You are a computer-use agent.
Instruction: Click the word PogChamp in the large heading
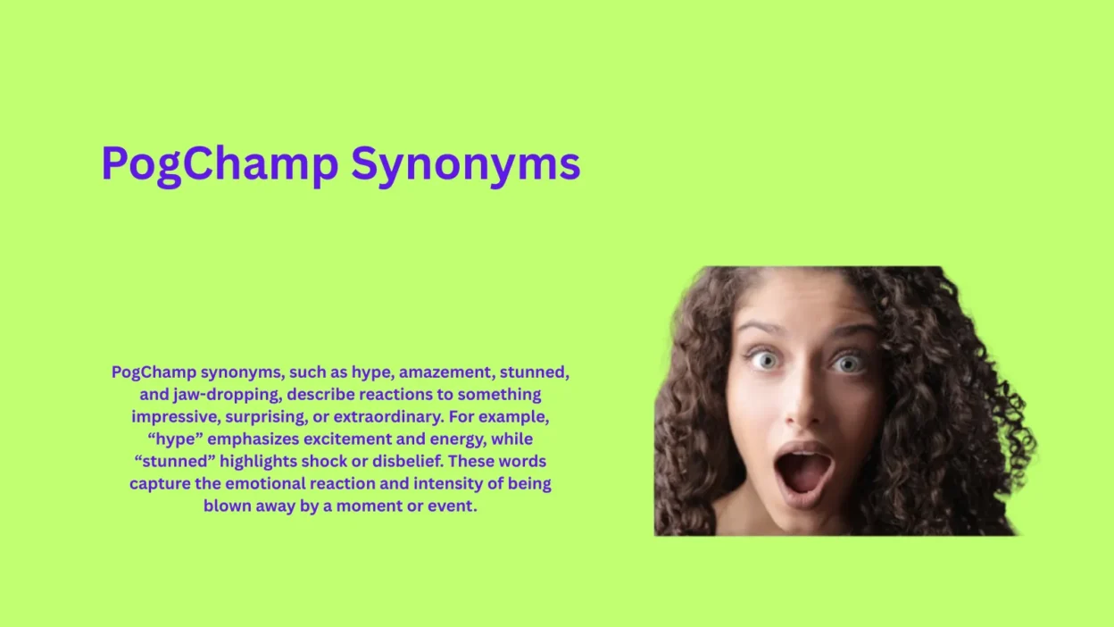point(220,164)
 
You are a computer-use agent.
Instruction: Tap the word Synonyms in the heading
point(465,164)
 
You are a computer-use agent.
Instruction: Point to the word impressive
point(174,416)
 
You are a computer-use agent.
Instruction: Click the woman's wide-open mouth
point(803,470)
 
